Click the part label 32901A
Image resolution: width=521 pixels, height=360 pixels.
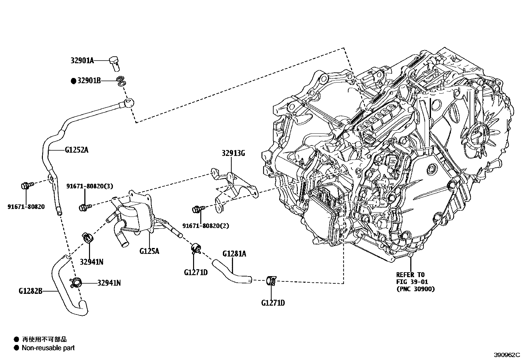pos(82,61)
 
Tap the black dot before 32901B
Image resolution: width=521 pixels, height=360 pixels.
pos(74,81)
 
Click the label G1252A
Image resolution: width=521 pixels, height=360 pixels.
pos(77,150)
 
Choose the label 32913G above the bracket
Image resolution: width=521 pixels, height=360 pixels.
pos(233,153)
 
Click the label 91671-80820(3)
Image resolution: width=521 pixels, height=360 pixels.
pos(90,186)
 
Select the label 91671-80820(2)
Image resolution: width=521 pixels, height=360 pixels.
pos(206,226)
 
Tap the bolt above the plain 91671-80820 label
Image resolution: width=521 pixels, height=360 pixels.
pos(27,185)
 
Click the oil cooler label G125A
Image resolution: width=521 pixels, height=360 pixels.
pos(149,251)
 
